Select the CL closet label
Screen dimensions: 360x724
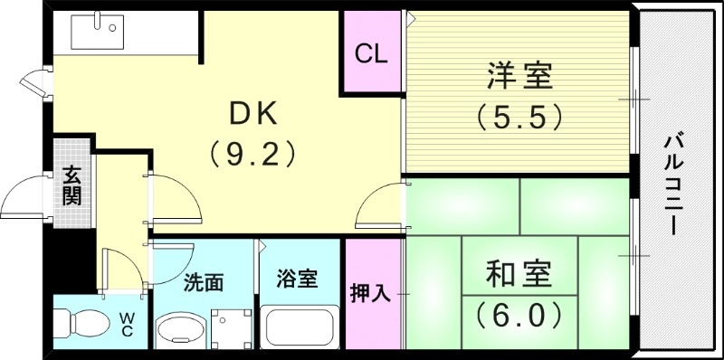pos(371,53)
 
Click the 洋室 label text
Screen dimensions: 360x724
pos(519,76)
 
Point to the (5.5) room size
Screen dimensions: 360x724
pos(519,117)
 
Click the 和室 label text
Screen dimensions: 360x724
pos(519,273)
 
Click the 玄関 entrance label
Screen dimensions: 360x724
pos(71,185)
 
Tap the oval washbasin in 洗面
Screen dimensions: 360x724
pos(182,330)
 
